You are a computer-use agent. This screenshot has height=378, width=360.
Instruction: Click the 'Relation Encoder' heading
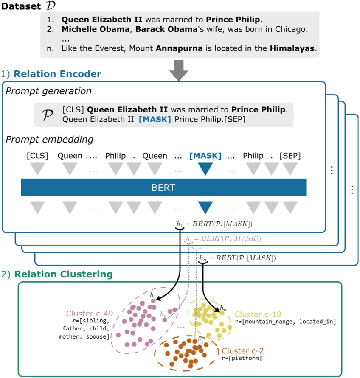(57, 74)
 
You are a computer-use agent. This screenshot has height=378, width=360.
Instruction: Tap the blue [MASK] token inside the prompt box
(155, 120)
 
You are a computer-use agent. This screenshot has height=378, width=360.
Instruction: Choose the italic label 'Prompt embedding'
(50, 140)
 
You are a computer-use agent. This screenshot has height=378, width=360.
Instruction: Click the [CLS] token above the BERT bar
(37, 156)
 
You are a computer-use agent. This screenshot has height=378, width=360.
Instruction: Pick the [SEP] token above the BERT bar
(290, 156)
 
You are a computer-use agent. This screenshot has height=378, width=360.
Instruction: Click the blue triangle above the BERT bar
(205, 169)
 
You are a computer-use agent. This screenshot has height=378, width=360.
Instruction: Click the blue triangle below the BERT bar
(205, 207)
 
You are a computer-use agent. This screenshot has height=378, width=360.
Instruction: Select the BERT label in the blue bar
(163, 188)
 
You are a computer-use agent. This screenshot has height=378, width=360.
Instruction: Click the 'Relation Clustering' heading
(63, 274)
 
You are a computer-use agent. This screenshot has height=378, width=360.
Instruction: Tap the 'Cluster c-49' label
(89, 314)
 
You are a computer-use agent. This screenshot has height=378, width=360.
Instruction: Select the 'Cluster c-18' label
(258, 314)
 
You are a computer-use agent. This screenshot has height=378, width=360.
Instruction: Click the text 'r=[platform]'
(242, 358)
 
